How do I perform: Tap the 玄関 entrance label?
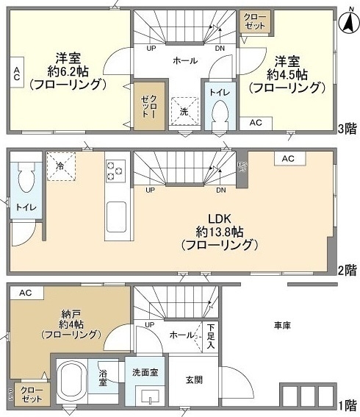pyautogui.click(x=195, y=379)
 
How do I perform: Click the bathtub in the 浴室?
pyautogui.click(x=71, y=379)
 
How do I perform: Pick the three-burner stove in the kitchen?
pyautogui.click(x=115, y=171)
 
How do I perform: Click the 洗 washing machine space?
pyautogui.click(x=184, y=111)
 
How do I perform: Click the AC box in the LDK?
pyautogui.click(x=288, y=159)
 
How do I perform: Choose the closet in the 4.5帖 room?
pyautogui.click(x=256, y=21)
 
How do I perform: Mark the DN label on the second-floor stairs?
pyautogui.click(x=220, y=190)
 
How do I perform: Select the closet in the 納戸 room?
pyautogui.click(x=32, y=393)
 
